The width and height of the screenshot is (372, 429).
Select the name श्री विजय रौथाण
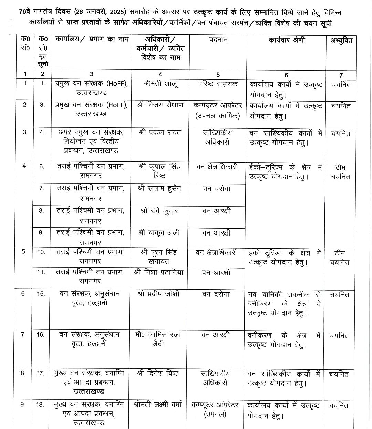[160, 105]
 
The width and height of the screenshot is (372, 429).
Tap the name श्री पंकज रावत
[160, 133]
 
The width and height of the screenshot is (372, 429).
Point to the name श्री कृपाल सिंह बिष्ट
[160, 171]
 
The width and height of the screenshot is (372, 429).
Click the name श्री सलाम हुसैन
[159, 189]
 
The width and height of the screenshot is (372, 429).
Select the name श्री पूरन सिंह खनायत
[159, 257]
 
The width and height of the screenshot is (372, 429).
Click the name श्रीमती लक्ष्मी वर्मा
[157, 405]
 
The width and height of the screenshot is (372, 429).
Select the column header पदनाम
[218, 40]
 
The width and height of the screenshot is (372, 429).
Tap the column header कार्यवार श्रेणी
[287, 40]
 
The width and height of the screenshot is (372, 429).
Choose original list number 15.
[41, 294]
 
